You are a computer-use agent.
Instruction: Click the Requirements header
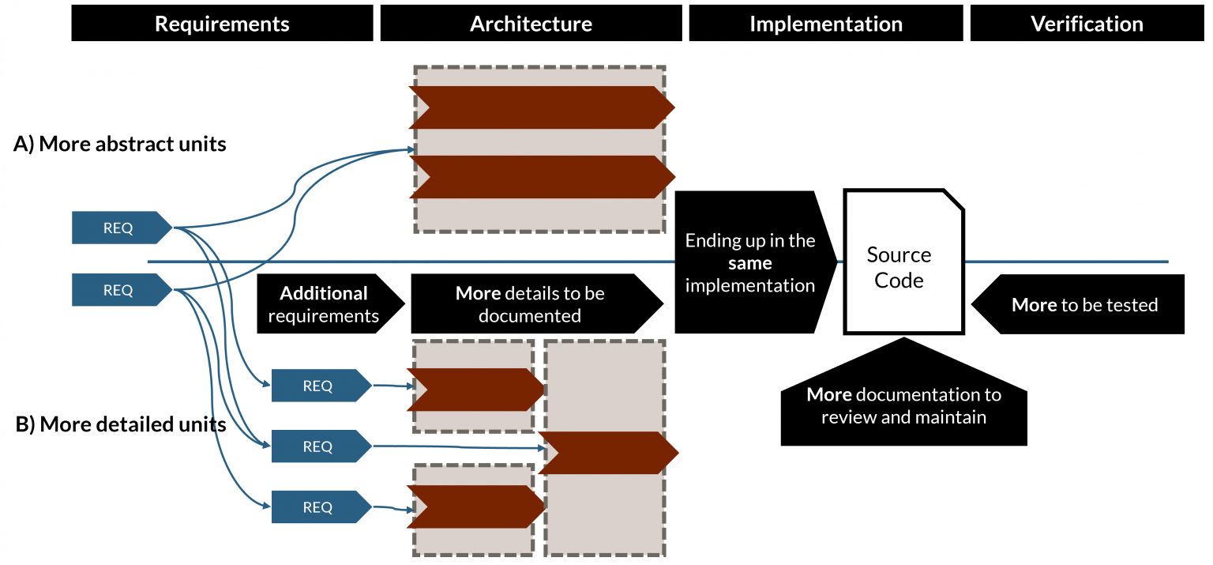pyautogui.click(x=222, y=24)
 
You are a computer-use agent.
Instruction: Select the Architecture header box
pyautogui.click(x=531, y=24)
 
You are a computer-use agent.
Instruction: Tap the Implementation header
pyautogui.click(x=825, y=24)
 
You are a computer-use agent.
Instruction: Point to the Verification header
pyautogui.click(x=1087, y=24)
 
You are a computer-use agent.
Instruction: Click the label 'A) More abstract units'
pyautogui.click(x=120, y=144)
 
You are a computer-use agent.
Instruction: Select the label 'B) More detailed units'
pyautogui.click(x=121, y=424)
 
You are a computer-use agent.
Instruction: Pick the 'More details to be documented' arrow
pyautogui.click(x=530, y=304)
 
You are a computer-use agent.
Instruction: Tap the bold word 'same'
pyautogui.click(x=749, y=262)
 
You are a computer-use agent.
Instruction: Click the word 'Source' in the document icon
pyautogui.click(x=899, y=254)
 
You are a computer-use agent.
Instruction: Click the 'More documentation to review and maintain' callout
pyautogui.click(x=903, y=405)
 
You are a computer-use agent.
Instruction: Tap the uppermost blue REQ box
pyautogui.click(x=118, y=228)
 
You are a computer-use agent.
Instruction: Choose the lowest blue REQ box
pyautogui.click(x=317, y=507)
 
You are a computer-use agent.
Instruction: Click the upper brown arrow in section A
pyautogui.click(x=541, y=107)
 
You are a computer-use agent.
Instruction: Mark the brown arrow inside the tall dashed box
pyautogui.click(x=608, y=453)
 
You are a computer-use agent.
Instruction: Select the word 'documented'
pyautogui.click(x=529, y=316)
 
